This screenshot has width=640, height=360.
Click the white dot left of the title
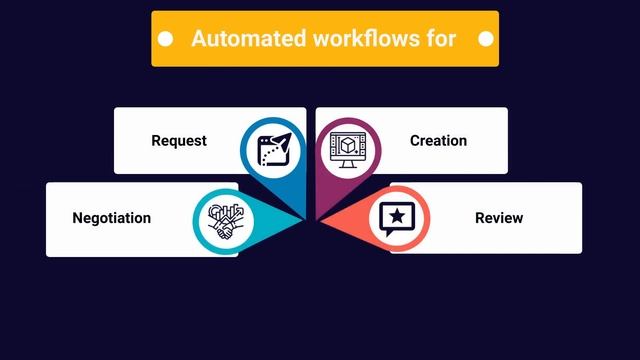(167, 39)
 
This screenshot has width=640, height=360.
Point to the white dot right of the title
(486, 39)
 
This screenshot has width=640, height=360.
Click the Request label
(179, 141)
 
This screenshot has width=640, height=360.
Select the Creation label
(438, 141)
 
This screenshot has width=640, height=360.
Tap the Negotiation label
(112, 218)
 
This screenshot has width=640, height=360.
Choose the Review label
(499, 218)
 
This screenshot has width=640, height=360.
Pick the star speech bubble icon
(397, 218)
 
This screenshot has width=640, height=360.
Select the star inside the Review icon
(398, 214)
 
